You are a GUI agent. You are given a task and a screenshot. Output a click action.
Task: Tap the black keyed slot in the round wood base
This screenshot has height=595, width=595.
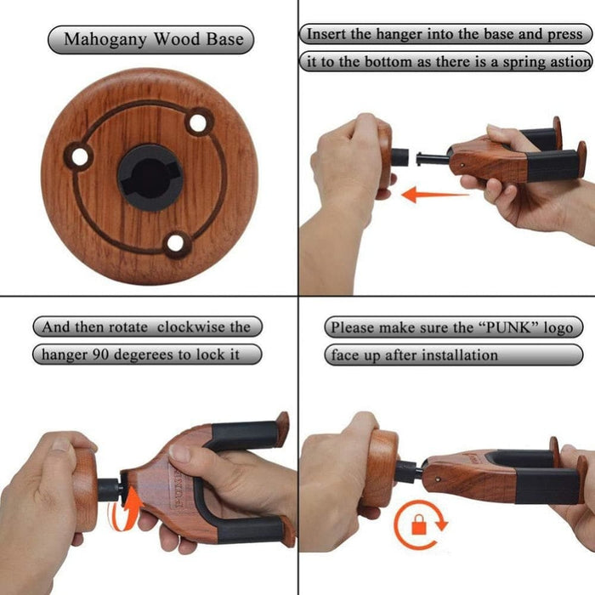(x=149, y=174)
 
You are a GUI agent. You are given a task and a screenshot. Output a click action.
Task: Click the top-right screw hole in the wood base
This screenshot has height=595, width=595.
(x=197, y=122)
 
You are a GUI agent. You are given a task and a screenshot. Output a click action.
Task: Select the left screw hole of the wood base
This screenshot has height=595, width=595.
(x=81, y=156)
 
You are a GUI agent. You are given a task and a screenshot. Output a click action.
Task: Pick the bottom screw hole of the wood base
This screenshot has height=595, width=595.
(x=176, y=244)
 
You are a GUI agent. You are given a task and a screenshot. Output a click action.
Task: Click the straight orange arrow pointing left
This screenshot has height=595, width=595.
(x=433, y=195)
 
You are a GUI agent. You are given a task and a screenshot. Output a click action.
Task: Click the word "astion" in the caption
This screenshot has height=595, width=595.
(x=565, y=62)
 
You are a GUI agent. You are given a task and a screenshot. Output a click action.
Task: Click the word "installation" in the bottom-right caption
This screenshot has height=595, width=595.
(x=459, y=354)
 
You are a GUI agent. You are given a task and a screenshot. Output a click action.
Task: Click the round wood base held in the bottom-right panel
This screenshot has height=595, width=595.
(x=379, y=467)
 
